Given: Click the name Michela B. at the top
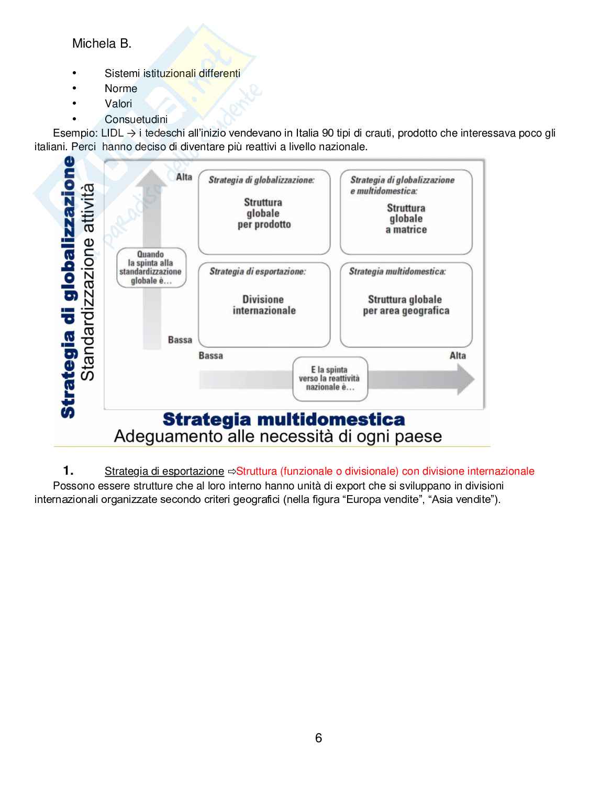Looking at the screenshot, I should point(102,43).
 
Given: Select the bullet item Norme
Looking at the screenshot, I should point(120,88).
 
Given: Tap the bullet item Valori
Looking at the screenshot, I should point(118,104).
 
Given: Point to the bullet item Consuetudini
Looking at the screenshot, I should point(136,119).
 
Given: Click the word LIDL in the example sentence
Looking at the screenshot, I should point(112,133).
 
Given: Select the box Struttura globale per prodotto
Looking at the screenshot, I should point(264,213).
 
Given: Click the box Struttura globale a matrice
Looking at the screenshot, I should point(406,218).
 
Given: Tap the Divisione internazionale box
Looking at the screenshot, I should point(264,305).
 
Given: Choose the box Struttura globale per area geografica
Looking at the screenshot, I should point(406,305).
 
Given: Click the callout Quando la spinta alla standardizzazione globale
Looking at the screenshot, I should point(151,267).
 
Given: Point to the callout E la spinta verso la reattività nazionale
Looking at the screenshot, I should point(330,378).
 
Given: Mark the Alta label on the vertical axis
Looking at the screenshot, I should point(184,177).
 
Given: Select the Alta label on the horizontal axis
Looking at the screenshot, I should point(458,355).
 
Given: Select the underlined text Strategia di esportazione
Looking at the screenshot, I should point(164,471).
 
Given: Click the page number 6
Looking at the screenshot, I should point(318,738).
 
